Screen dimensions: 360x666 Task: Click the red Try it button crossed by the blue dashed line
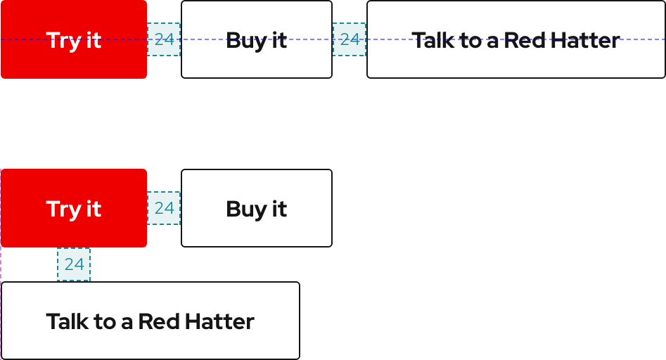tap(74, 39)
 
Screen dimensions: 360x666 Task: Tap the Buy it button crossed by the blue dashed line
tap(257, 39)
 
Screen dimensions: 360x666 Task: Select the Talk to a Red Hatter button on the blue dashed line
tap(515, 39)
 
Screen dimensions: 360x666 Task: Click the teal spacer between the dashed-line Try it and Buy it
tap(164, 39)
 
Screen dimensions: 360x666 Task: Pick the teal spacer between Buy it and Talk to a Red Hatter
tap(350, 39)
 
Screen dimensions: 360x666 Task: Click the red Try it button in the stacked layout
tap(74, 208)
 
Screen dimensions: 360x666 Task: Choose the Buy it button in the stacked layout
tap(257, 208)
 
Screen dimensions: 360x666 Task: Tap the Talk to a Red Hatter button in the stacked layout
tap(151, 321)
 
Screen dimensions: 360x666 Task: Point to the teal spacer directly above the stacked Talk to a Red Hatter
tap(74, 264)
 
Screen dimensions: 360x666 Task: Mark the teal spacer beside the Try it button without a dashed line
tap(164, 208)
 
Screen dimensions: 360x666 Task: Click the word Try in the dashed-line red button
tap(61, 40)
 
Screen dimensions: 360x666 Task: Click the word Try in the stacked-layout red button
tap(61, 209)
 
